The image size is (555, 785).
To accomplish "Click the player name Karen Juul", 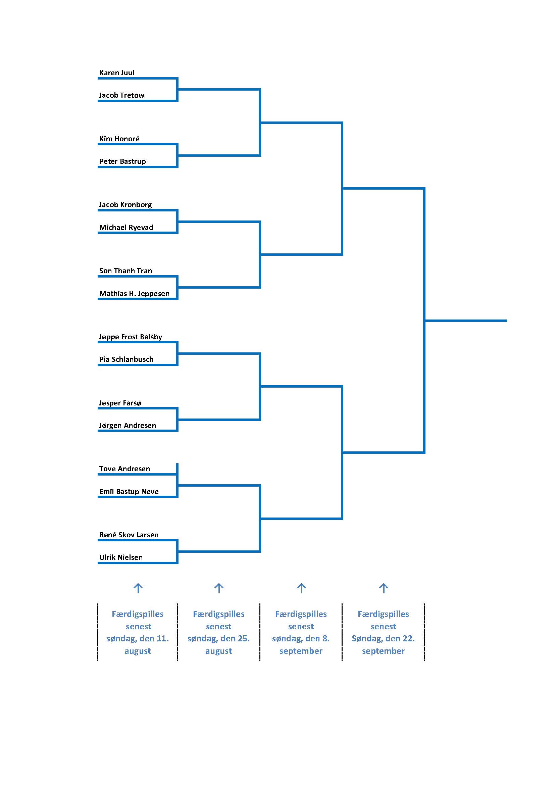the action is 116,72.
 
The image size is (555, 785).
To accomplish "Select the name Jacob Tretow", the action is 122,95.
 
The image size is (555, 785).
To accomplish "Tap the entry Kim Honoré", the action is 119,139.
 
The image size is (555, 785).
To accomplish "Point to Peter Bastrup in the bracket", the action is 122,161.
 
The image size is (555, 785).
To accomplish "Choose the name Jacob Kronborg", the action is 125,204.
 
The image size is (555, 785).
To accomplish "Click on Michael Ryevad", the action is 126,227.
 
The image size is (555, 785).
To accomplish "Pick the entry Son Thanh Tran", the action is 125,271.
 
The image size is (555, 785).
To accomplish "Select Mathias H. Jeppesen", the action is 134,293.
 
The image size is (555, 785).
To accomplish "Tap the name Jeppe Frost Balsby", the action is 131,337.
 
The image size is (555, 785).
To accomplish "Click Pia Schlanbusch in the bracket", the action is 126,359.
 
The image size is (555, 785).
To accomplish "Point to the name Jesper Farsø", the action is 120,403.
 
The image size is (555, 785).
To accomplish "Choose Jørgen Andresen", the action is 128,425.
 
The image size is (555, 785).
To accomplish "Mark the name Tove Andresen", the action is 124,469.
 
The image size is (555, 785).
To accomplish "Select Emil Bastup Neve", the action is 129,491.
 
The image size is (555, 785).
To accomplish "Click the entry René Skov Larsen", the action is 129,535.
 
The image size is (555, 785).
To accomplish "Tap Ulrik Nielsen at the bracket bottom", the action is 121,557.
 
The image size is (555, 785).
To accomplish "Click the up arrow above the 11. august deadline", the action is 138,588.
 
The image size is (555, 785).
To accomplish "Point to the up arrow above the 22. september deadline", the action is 384,588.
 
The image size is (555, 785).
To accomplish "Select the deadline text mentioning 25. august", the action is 219,632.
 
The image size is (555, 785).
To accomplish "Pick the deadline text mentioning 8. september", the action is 301,632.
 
